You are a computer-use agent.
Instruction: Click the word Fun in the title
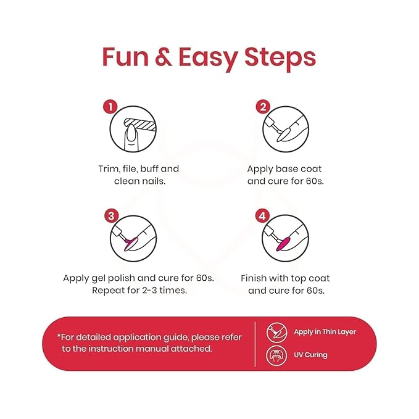[x=125, y=57]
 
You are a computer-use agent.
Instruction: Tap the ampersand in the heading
[x=164, y=57]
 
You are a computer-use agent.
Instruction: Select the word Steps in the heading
[x=280, y=59]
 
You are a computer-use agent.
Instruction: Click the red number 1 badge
[x=110, y=107]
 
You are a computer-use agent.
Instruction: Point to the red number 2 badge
[x=263, y=107]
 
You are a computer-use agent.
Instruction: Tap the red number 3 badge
[x=111, y=216]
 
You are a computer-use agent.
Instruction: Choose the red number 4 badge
[x=262, y=216]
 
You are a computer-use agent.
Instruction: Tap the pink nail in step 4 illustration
[x=283, y=244]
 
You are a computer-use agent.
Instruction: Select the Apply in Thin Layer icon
[x=277, y=333]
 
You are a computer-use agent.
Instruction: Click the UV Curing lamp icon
[x=276, y=355]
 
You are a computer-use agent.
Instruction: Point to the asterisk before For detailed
[x=59, y=336]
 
